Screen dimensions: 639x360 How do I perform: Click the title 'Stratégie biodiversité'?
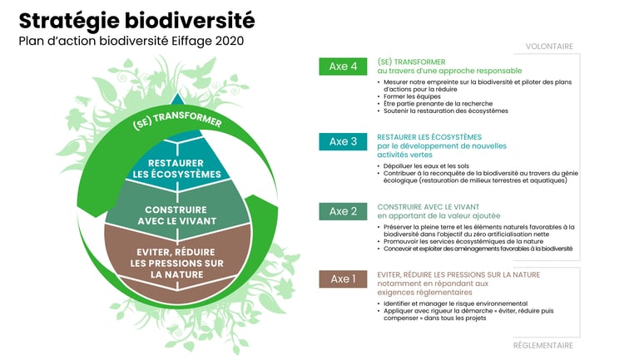136,21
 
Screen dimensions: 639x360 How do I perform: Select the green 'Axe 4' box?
343,67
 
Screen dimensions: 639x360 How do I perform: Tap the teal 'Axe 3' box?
343,141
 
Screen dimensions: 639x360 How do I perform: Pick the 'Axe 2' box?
343,211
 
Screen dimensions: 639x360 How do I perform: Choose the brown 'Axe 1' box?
343,279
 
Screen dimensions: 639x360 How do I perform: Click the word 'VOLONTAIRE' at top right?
548,47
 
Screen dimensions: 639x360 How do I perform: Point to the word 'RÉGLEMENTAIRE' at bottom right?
542,345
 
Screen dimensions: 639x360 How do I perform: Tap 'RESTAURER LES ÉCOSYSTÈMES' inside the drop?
177,168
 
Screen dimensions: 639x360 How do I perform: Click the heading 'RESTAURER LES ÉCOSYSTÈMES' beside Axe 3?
429,137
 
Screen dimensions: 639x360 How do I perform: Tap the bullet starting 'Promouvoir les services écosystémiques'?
460,241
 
